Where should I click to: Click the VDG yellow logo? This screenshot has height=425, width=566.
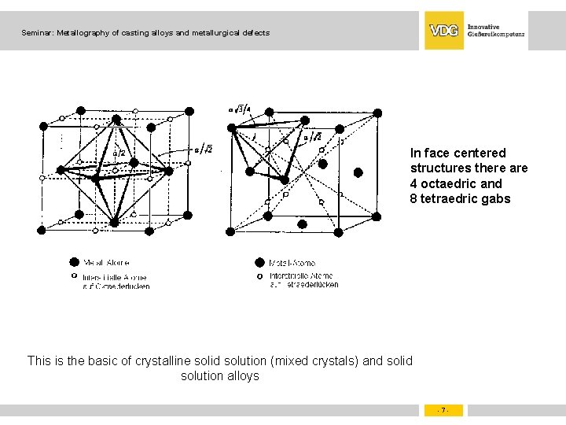pos(444,31)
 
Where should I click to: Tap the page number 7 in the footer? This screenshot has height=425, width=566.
pos(443,410)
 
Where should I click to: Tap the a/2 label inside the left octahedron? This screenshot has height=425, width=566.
pos(119,153)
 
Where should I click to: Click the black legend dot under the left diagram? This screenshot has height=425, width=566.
pos(74,263)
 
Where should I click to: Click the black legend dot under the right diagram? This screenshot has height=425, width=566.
pos(259,263)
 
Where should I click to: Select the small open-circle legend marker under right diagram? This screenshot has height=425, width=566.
pos(259,277)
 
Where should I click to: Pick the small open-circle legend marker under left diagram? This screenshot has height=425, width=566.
pos(74,277)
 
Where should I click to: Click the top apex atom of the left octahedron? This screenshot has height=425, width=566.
pos(116,120)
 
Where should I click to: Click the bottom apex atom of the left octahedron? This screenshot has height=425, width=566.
pos(114,224)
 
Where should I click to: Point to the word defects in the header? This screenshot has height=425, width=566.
pos(254,33)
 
